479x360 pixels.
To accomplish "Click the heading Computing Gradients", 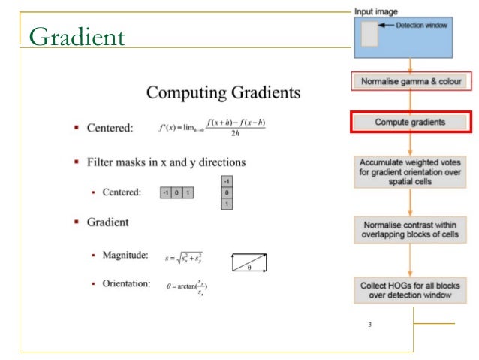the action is click(x=223, y=93).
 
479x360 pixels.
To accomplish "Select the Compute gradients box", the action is click(x=410, y=121).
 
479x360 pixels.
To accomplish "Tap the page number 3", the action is click(x=369, y=325).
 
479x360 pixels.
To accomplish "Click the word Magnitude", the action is click(x=125, y=257).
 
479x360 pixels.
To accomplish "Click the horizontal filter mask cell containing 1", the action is click(x=188, y=193).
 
